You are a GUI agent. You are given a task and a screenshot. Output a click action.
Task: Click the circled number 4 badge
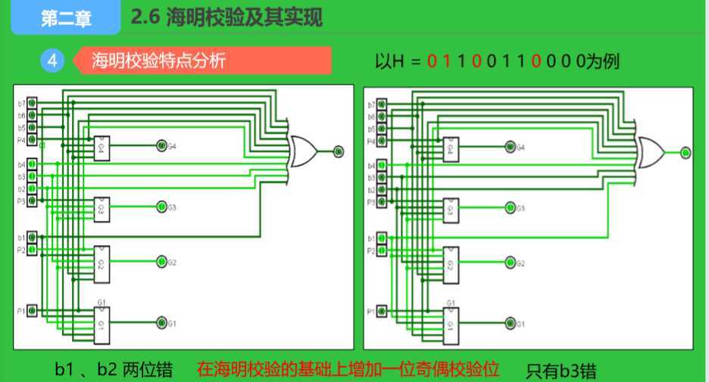52,61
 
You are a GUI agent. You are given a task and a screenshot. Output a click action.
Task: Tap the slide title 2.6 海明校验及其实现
226,17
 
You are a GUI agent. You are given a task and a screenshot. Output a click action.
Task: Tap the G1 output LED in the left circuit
161,323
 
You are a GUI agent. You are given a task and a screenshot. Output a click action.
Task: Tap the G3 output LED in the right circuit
509,207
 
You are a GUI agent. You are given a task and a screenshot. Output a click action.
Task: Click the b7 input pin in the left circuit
32,104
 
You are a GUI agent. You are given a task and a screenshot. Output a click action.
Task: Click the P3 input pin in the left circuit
32,201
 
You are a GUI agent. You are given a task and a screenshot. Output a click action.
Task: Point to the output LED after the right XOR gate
686,152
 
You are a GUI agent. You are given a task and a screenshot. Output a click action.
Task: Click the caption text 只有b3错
561,371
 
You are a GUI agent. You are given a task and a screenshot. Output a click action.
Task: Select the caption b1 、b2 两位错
114,371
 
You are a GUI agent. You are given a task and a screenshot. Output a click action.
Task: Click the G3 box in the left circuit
102,207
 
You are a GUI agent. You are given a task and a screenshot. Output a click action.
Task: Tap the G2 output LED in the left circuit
161,262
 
